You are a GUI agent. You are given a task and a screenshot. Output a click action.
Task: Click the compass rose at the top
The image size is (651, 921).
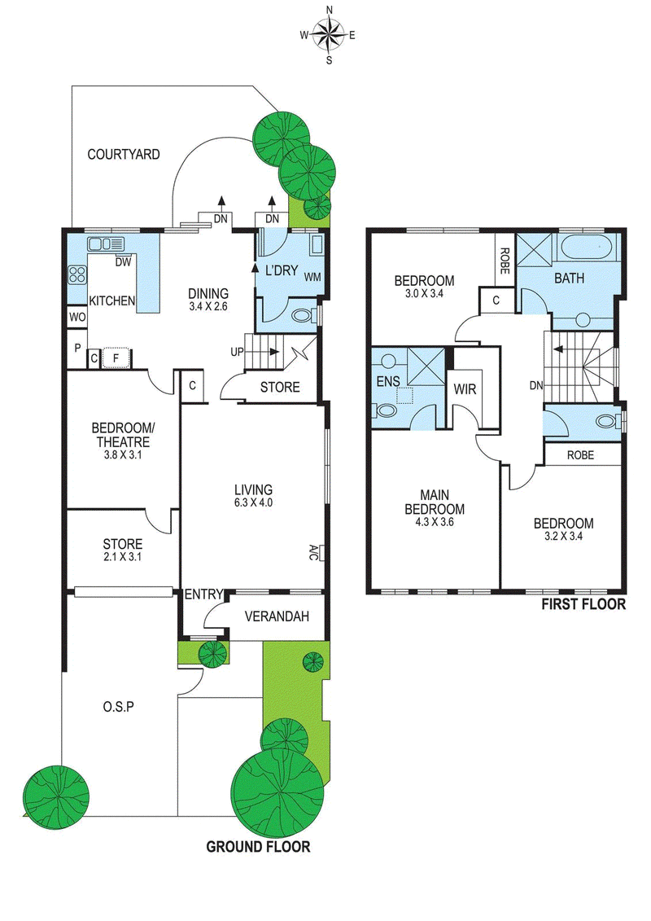329,35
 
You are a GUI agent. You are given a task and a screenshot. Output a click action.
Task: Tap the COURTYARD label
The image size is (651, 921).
123,155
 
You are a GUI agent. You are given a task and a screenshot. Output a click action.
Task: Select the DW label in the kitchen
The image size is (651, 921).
123,262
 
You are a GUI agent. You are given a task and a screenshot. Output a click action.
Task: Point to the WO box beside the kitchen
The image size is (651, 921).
76,318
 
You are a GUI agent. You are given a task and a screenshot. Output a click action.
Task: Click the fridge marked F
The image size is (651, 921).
116,357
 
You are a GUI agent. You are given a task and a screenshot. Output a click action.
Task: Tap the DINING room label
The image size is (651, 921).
208,293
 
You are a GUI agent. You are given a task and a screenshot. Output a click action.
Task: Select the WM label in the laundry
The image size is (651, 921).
312,277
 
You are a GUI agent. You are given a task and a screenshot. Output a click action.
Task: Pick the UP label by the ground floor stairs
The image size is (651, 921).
237,353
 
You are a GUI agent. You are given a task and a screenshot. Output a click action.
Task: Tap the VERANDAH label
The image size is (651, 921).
277,616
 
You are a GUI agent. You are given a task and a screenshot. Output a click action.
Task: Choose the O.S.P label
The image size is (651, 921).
119,707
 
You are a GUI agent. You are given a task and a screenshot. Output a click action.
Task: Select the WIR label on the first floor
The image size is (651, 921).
465,389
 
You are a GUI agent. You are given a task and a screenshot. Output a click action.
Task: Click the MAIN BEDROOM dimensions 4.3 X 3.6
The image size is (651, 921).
435,522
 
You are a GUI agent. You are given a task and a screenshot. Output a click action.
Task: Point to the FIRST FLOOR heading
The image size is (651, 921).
583,603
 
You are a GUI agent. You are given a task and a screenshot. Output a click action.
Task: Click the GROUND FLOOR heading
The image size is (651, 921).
258,846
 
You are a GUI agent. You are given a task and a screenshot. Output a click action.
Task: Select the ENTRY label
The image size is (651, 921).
203,594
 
